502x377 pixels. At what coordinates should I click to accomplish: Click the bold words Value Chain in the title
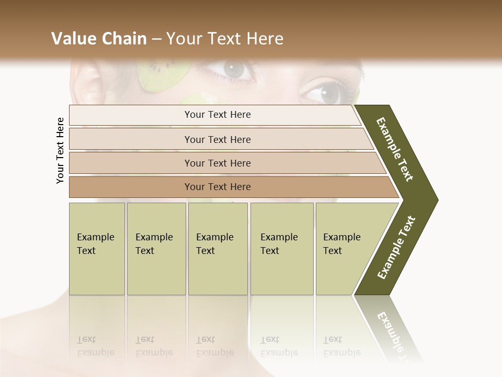(99, 39)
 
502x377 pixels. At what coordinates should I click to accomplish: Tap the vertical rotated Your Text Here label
(61, 151)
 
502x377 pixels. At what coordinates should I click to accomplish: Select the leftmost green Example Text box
(97, 249)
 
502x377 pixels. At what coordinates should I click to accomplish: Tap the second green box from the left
(156, 249)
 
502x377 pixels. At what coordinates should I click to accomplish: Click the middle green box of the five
(218, 249)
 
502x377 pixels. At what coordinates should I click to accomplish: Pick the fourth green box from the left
(282, 249)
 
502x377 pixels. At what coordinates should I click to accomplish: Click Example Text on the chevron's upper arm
(395, 149)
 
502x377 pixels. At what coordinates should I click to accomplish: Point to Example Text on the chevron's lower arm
(396, 248)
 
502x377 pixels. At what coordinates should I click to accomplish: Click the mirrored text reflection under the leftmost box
(95, 346)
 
